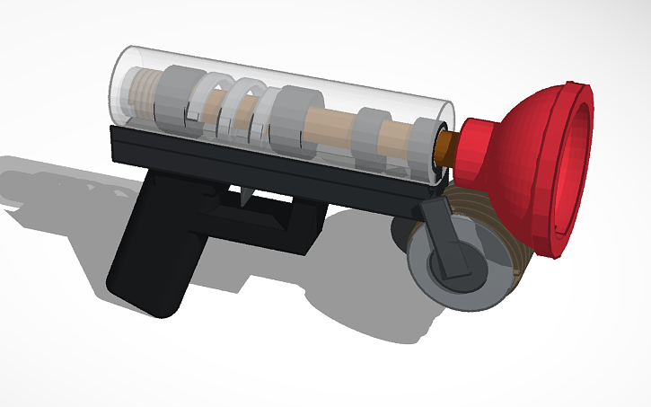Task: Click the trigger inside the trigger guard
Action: click(244, 197)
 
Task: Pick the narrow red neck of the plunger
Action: click(471, 148)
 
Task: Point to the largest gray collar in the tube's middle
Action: click(292, 119)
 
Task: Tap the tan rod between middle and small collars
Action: click(332, 123)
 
